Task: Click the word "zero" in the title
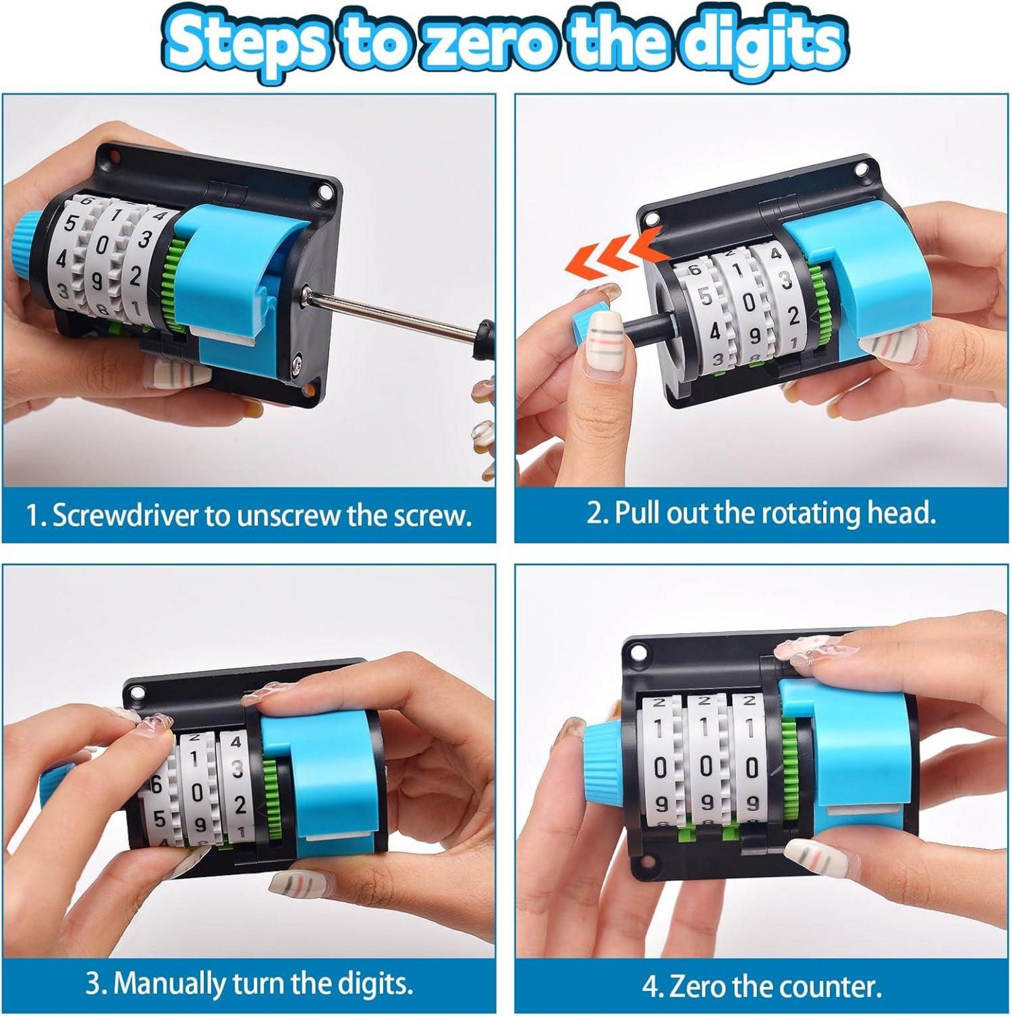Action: click(x=481, y=42)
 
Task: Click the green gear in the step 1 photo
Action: click(x=174, y=284)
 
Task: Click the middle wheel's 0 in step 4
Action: click(x=706, y=767)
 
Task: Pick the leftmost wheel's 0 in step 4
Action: click(x=661, y=767)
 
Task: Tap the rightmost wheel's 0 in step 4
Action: click(x=752, y=767)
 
